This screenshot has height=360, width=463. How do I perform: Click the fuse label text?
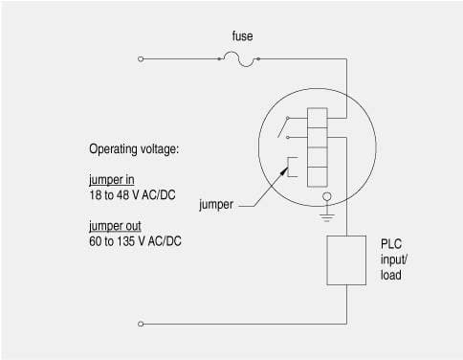pos(242,36)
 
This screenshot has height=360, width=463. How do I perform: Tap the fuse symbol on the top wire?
pos(238,59)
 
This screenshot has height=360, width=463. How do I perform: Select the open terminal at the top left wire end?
pos(141,59)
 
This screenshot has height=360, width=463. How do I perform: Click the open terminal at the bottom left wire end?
pos(141,324)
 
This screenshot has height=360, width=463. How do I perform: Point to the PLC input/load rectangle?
pos(346,260)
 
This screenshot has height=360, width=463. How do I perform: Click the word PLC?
pos(391,244)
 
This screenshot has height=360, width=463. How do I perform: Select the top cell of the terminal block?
pos(318,118)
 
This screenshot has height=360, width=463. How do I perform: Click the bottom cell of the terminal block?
pos(318,177)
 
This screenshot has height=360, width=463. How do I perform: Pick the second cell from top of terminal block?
pos(318,137)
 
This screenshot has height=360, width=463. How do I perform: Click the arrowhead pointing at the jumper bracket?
pos(284,172)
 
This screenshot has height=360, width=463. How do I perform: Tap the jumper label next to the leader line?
pos(216,205)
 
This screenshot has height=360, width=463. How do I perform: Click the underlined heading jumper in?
pos(112,180)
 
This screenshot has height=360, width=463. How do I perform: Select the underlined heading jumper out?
pos(115,226)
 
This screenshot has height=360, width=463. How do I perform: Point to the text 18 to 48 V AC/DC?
pos(132,195)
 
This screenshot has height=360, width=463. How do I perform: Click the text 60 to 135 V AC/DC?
pos(135,241)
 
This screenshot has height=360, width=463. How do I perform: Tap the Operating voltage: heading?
pos(134,149)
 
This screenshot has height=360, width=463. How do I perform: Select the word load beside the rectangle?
pos(391,275)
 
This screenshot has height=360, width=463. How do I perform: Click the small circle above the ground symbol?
pos(327,196)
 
